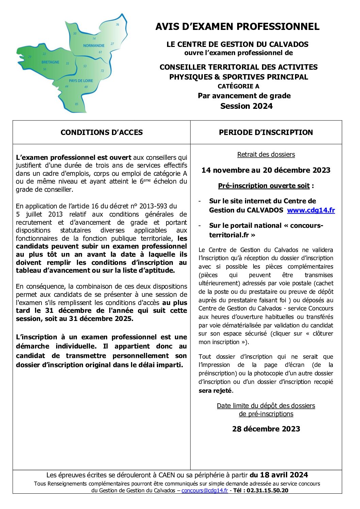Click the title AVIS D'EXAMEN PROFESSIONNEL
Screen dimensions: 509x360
[x=237, y=27]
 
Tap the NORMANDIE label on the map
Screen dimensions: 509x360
[x=94, y=46]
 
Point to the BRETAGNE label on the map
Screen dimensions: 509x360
[x=50, y=62]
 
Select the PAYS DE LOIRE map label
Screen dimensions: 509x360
[x=81, y=81]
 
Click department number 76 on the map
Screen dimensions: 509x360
[x=117, y=25]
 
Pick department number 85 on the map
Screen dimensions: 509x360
[x=77, y=104]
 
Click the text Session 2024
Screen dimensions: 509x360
[x=246, y=106]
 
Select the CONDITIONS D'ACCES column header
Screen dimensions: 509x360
[x=101, y=133]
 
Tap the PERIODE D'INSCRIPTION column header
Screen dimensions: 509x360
[x=266, y=133]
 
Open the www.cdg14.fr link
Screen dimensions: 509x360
[x=311, y=210]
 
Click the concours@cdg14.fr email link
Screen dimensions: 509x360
[x=204, y=490]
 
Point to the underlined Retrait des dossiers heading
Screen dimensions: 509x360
[x=266, y=155]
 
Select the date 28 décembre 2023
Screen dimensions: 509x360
[x=266, y=429]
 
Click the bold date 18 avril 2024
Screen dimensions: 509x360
[x=284, y=475]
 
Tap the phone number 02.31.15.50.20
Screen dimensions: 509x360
[x=267, y=490]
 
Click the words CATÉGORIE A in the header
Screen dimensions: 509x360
[x=238, y=86]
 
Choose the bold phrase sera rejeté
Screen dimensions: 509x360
[x=215, y=391]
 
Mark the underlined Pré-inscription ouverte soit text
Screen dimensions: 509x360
[x=264, y=186]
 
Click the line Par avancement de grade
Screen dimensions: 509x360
[x=244, y=96]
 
